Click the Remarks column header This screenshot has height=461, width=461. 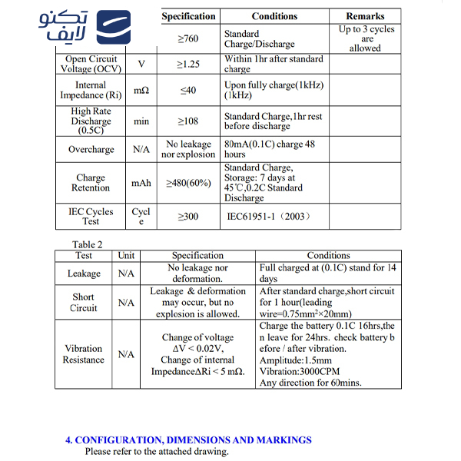pos(365,16)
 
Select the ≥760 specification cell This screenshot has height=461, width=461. pos(188,39)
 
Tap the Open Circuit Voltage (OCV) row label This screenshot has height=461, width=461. pos(91,64)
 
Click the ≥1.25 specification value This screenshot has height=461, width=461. pos(188,64)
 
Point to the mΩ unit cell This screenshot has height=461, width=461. pos(141,91)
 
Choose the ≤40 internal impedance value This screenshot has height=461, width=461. pos(188,91)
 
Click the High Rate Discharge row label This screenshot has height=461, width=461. pos(91,121)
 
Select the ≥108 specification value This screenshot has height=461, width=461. pos(188,121)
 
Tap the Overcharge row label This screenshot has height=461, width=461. pos(91,150)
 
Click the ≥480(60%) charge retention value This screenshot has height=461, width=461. pos(188,183)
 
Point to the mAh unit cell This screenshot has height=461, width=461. pos(141,183)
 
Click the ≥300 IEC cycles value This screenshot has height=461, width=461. pos(188,217)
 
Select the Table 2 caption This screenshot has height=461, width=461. pos(88,245)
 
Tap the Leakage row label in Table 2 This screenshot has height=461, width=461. pos(84,274)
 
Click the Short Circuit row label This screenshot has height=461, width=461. pos(84,303)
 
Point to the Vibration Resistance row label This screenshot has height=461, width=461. pos(84,354)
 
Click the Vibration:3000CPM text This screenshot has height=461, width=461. pos(300,372)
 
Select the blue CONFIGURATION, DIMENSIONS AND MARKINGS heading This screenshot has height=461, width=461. pos(188,440)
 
